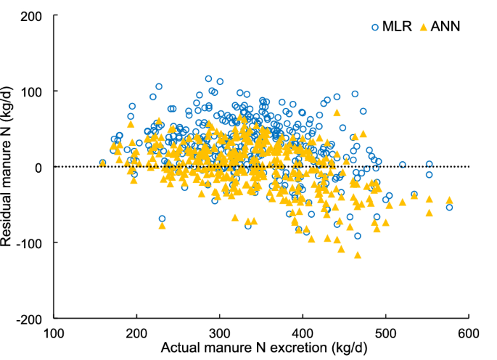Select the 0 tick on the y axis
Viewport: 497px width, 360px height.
41,167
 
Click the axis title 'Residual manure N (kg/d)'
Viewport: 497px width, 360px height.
10,167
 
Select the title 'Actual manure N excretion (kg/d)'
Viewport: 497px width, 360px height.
261,349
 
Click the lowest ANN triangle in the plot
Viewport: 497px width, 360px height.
357,255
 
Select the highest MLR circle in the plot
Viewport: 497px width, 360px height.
208,78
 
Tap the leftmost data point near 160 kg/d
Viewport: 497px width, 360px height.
102,163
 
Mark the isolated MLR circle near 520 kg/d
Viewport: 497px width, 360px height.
403,165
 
